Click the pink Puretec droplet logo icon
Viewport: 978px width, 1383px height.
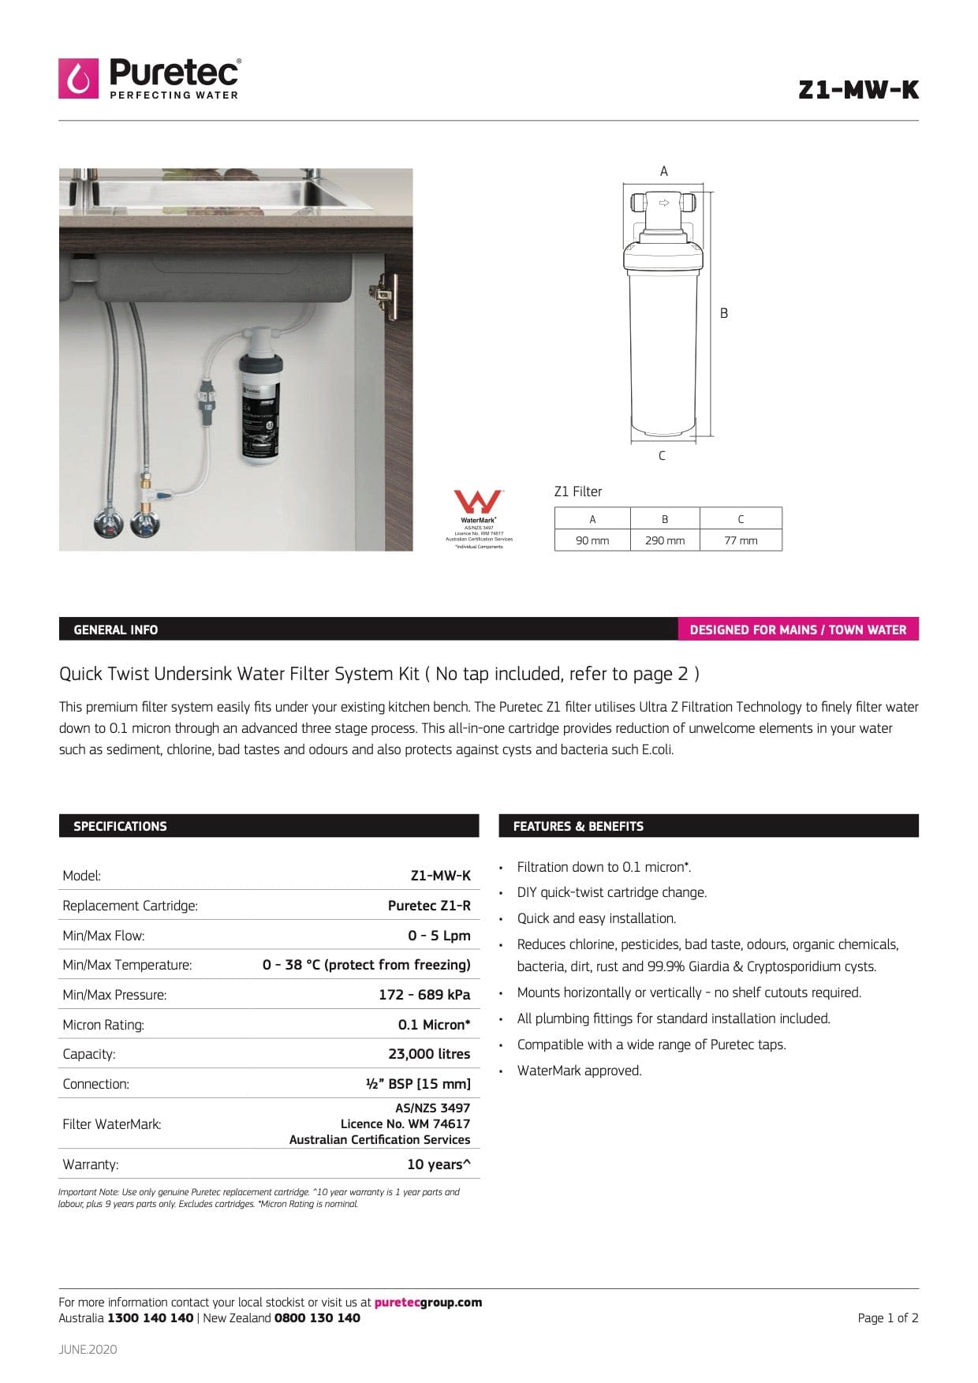coord(78,78)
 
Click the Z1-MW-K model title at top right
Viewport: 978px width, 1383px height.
coord(858,90)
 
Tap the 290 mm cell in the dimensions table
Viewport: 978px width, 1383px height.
coord(664,540)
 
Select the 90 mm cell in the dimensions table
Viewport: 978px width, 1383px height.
coord(592,540)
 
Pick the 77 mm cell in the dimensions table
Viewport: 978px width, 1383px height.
coord(740,540)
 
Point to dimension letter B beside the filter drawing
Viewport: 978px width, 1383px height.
coord(724,313)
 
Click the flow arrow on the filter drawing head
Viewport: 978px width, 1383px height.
coord(664,203)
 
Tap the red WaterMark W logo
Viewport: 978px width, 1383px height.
coord(477,502)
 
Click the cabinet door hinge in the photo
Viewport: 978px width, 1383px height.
coord(385,293)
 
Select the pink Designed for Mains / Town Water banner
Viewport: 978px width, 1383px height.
coord(797,630)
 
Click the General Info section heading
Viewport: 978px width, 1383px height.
coord(115,630)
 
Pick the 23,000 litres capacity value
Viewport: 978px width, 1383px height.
coord(429,1054)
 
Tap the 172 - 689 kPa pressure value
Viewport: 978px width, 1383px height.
coord(424,995)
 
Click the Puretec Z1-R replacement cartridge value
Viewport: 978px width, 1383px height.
coord(429,906)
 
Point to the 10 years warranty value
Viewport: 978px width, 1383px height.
coord(439,1164)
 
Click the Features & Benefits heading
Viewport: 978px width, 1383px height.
coord(578,826)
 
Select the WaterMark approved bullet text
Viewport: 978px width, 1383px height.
coord(579,1071)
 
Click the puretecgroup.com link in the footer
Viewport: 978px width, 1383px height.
coord(427,1303)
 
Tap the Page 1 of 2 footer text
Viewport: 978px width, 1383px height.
coord(887,1318)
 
